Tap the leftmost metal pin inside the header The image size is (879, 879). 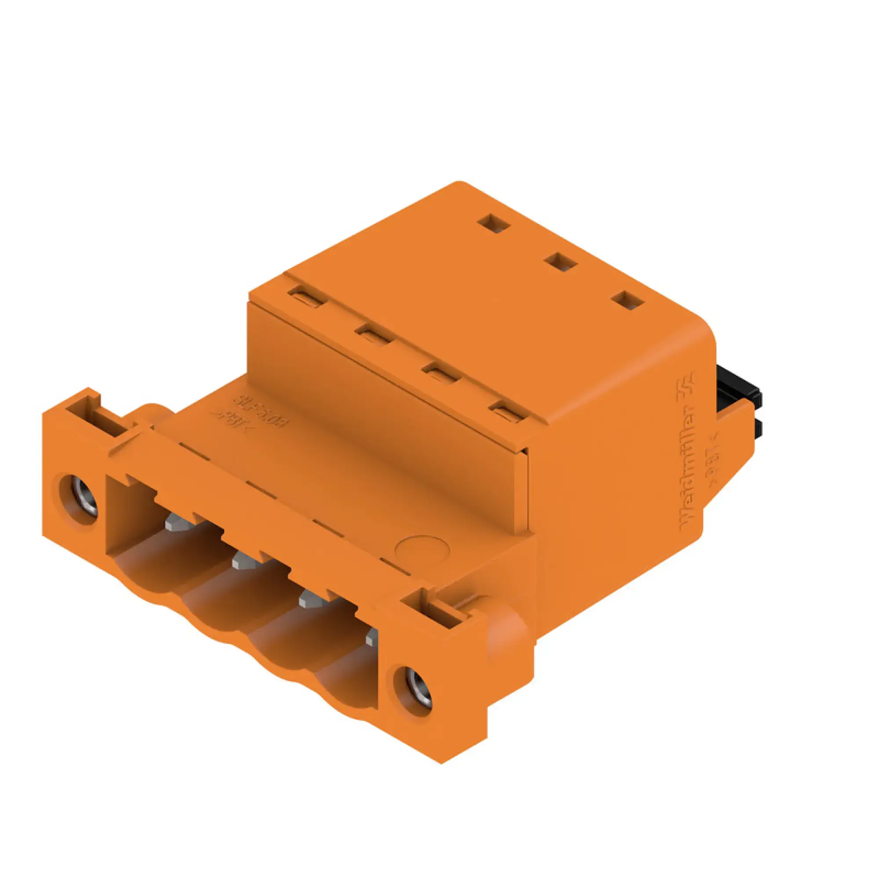click(178, 522)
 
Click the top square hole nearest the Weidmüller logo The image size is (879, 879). click(628, 301)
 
